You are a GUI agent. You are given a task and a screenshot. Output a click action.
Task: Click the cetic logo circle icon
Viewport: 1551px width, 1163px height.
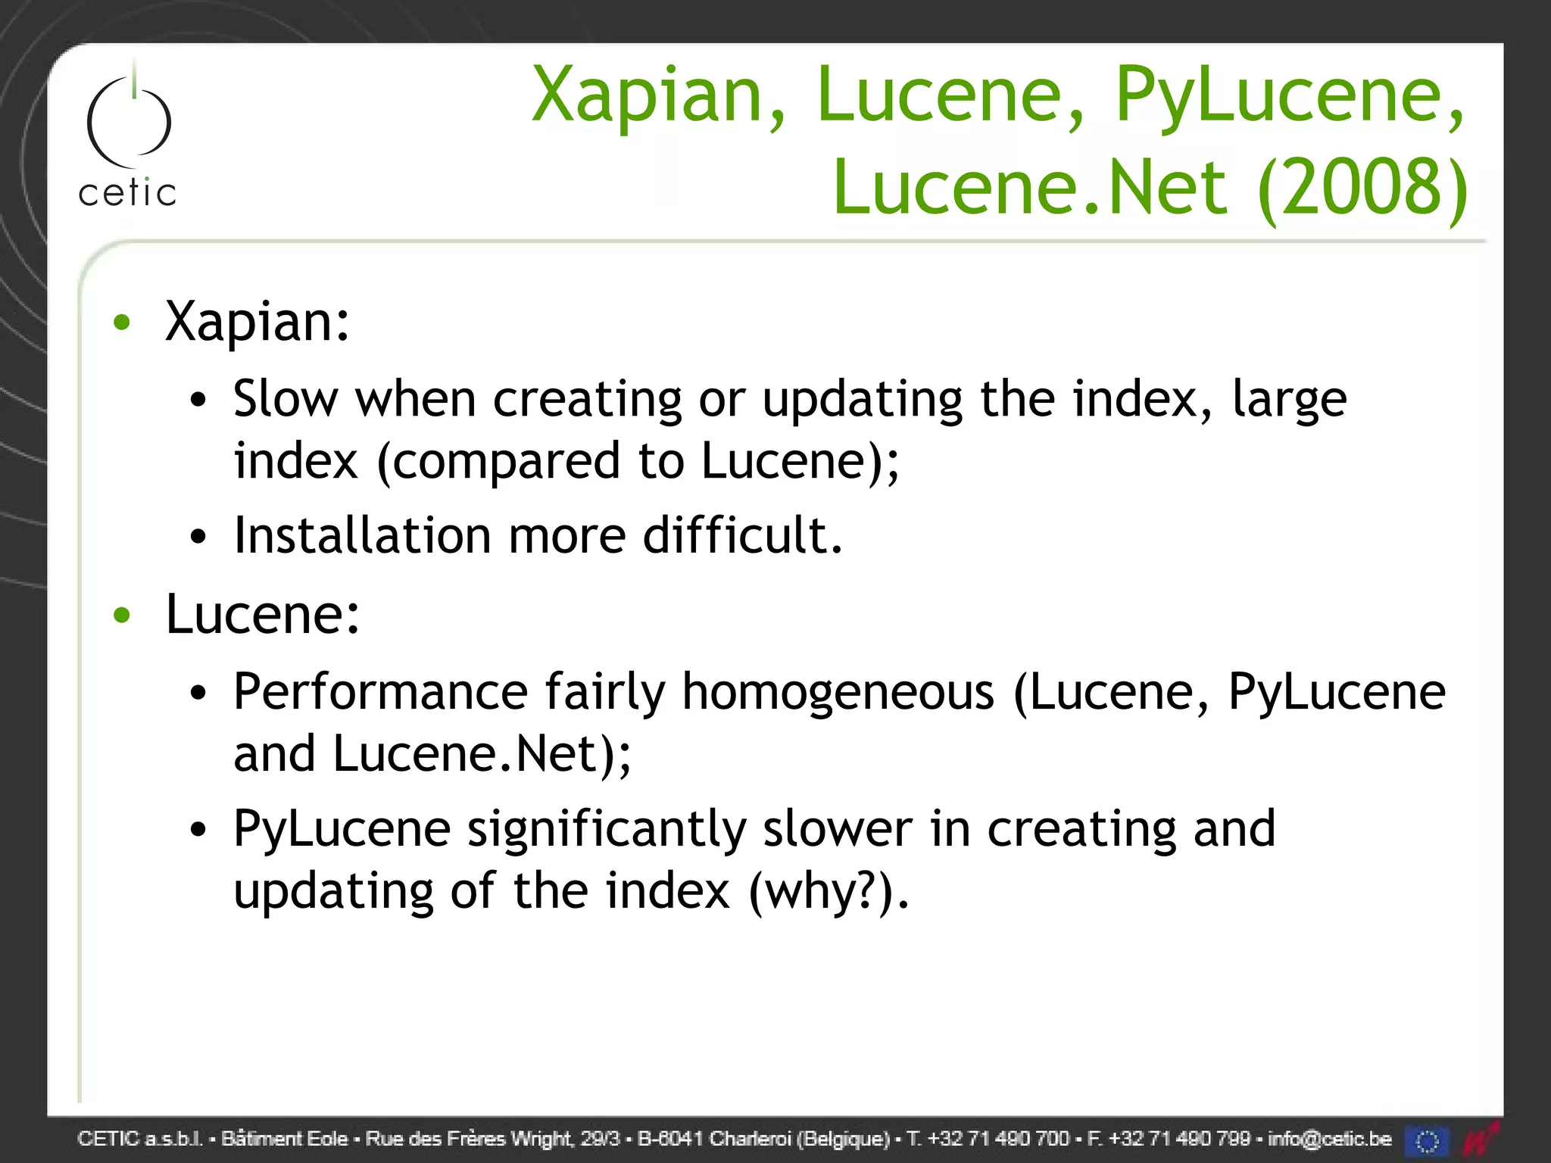[x=129, y=121]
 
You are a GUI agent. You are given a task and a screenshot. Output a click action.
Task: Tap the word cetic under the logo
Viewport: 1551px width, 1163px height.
[x=127, y=193]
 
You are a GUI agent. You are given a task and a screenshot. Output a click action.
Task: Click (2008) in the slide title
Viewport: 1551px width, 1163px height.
[x=1362, y=187]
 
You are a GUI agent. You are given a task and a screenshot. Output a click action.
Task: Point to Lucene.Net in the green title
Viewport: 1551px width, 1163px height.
[x=1029, y=187]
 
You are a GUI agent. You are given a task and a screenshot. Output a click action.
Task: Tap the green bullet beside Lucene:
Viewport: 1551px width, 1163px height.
[x=121, y=615]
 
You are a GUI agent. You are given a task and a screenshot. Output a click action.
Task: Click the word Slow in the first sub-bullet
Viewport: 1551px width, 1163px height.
[x=286, y=399]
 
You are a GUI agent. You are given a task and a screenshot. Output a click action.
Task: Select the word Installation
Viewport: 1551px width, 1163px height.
[x=362, y=535]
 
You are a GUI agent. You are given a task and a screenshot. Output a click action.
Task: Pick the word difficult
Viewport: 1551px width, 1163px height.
[x=742, y=535]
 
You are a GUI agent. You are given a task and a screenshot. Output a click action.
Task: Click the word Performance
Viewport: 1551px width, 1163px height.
[x=380, y=692]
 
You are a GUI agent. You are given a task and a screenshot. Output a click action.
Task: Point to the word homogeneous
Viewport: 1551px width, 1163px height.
[x=838, y=692]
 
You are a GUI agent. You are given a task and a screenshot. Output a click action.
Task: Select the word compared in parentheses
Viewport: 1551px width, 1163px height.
[x=507, y=461]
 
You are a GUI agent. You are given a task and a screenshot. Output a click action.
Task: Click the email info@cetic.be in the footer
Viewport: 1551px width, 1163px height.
[x=1329, y=1139]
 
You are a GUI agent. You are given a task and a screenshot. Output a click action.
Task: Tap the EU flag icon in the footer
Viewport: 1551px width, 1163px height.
[x=1427, y=1140]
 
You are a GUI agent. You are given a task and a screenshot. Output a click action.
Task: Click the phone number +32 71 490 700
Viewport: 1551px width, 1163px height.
[x=998, y=1139]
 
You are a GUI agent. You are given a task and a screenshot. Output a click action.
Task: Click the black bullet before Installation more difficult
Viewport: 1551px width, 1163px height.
[x=198, y=537]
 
